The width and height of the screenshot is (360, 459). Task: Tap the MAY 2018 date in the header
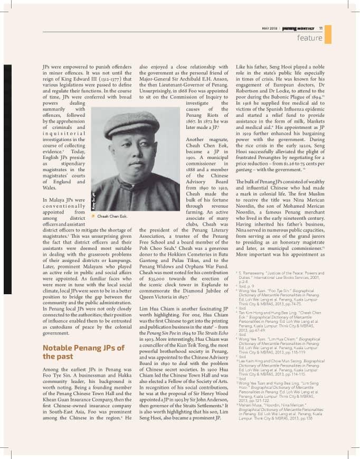[x=271, y=29]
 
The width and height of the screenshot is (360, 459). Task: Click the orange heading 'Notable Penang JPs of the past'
[x=83, y=352]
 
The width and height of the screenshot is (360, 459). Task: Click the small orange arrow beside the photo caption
[x=93, y=216]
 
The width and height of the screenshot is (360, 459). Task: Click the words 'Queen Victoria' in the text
[x=160, y=297]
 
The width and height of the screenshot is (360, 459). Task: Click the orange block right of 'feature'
[x=328, y=35]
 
